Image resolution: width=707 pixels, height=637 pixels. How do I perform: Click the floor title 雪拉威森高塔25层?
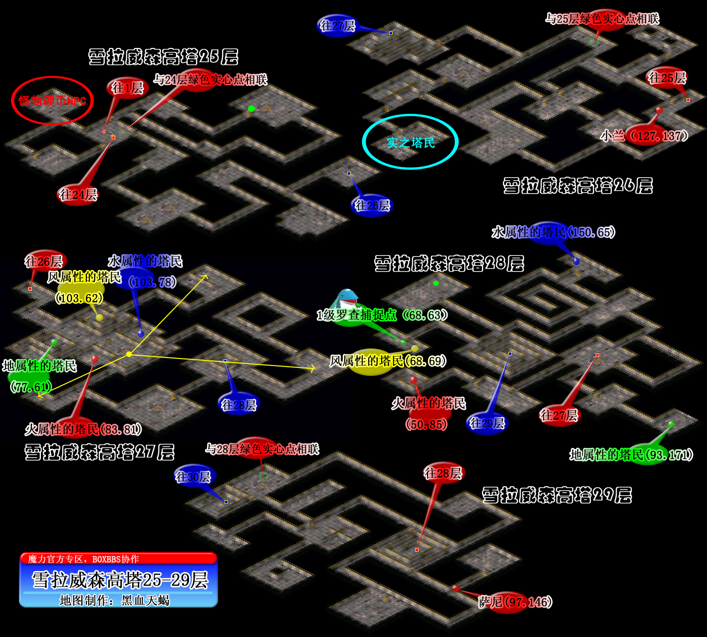click(163, 57)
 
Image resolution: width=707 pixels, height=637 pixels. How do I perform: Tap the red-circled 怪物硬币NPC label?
click(52, 101)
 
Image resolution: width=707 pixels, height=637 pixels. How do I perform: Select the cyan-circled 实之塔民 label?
click(411, 143)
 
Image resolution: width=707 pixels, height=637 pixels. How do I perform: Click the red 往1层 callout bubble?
click(127, 88)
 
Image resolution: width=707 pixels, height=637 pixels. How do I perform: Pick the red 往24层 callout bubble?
click(78, 194)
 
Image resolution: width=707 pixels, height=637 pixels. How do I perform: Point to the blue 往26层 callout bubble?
click(372, 205)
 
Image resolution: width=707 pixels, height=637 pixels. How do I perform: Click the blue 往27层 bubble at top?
click(338, 25)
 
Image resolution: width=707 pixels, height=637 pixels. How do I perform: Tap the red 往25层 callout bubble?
click(667, 78)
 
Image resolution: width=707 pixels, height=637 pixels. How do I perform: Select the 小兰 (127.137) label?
click(644, 135)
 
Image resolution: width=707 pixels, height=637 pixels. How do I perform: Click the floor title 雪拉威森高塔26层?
click(578, 186)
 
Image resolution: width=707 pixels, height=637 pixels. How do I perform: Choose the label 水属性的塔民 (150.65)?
click(553, 232)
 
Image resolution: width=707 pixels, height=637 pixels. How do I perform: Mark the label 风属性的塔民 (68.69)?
click(388, 361)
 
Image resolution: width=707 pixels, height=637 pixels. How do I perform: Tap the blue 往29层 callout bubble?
click(487, 423)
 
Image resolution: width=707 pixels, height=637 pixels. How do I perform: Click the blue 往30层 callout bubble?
click(193, 477)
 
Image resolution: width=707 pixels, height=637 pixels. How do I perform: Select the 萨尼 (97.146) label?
click(515, 602)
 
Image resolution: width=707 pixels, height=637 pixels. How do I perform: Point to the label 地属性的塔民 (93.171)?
click(631, 455)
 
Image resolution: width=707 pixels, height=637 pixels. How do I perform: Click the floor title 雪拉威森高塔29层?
click(557, 495)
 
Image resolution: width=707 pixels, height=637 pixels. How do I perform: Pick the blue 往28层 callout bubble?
click(239, 404)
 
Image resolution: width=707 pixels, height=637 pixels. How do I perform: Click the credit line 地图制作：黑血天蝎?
click(115, 600)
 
